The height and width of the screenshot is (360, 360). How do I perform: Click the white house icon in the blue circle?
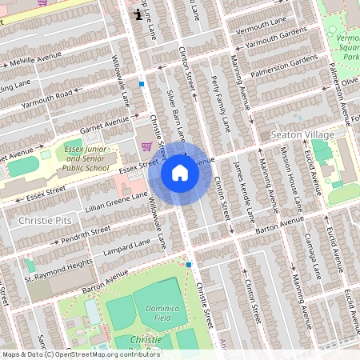(x=180, y=173)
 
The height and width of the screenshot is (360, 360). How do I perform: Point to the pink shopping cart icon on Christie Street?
(x=146, y=146)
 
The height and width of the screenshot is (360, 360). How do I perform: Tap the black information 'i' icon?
(x=139, y=14)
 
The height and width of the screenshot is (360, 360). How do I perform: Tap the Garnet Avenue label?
(x=105, y=124)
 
